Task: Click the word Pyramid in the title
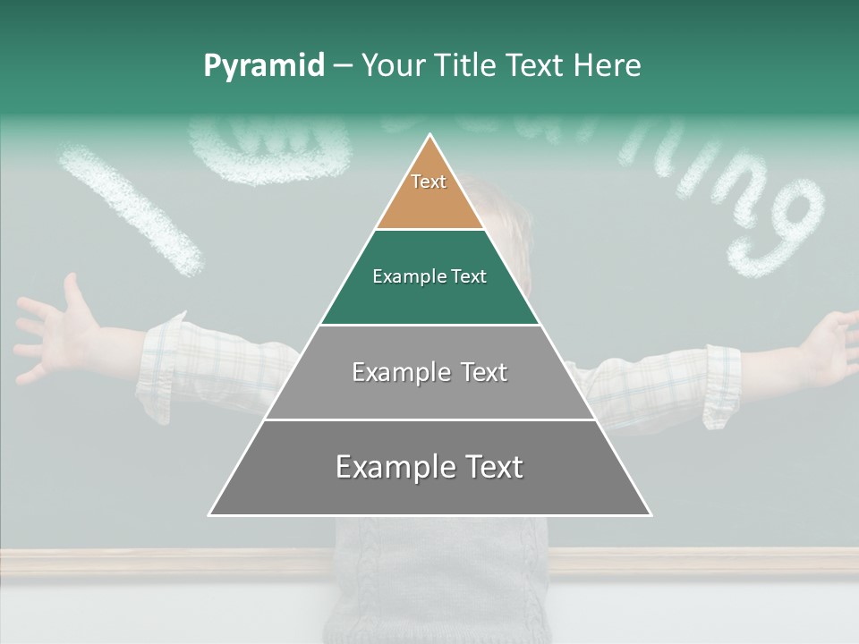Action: [x=263, y=66]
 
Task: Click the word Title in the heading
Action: [x=467, y=66]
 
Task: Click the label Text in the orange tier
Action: [x=429, y=182]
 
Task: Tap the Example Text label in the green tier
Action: [x=429, y=276]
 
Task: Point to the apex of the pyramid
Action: [x=430, y=136]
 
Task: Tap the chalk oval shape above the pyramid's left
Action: [x=268, y=152]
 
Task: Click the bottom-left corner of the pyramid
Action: [x=209, y=515]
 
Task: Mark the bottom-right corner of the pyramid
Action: [x=651, y=515]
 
